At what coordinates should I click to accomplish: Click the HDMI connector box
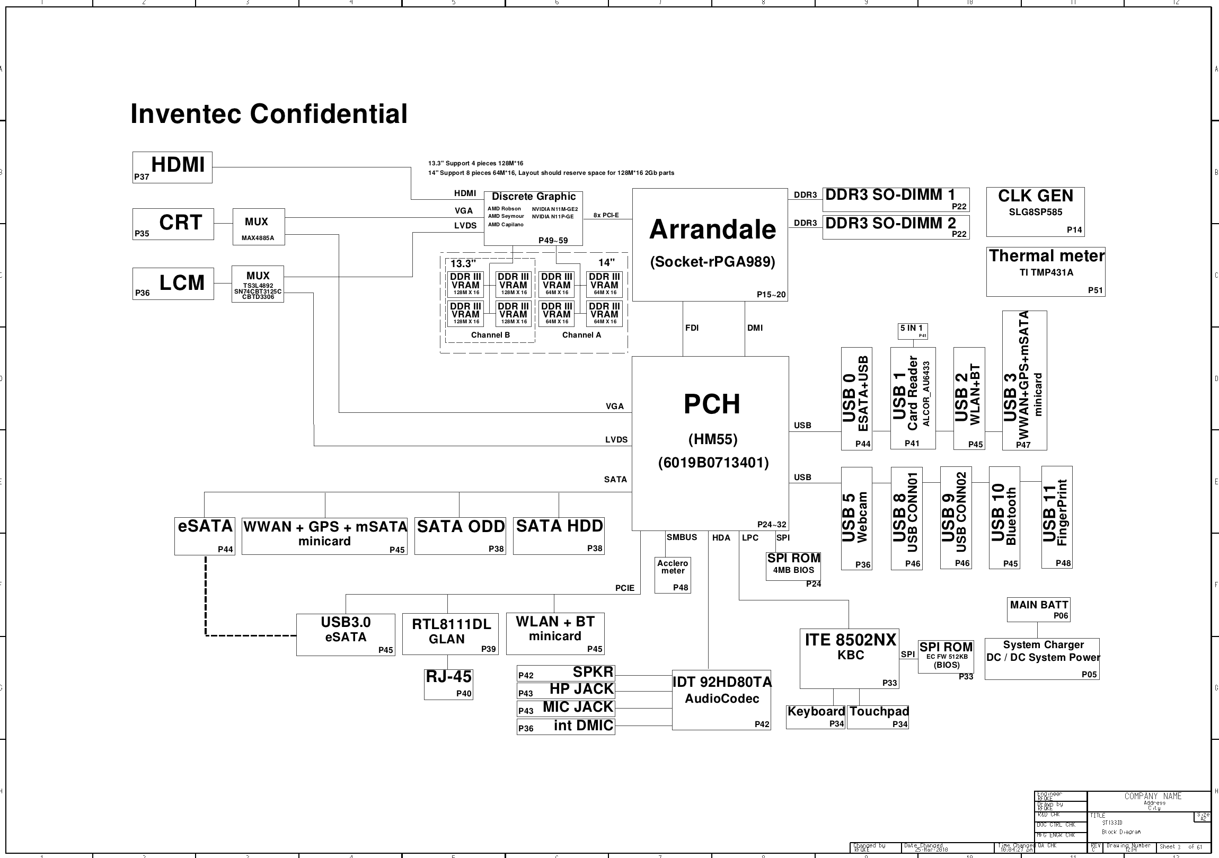[x=172, y=167]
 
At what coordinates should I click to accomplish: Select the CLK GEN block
[x=1035, y=211]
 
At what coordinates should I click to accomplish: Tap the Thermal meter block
[x=1045, y=272]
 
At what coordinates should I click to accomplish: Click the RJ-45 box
[x=448, y=684]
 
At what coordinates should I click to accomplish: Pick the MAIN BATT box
[x=1038, y=609]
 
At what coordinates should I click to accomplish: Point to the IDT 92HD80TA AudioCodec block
[x=721, y=699]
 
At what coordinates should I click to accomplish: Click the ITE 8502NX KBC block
[x=849, y=658]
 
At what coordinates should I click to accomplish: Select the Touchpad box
[x=878, y=717]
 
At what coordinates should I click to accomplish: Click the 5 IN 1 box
[x=913, y=331]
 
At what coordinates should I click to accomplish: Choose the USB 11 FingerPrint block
[x=1056, y=517]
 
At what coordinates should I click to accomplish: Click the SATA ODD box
[x=460, y=536]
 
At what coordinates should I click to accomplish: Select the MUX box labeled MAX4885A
[x=258, y=227]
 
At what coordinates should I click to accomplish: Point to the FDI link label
[x=691, y=328]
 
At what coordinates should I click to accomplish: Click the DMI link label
[x=754, y=328]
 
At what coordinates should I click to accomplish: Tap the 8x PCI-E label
[x=606, y=215]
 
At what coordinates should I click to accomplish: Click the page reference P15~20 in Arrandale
[x=771, y=295]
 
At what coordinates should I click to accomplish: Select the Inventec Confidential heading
[x=269, y=113]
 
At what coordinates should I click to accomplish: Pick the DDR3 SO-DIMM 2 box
[x=895, y=227]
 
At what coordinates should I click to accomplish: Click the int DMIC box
[x=566, y=727]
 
